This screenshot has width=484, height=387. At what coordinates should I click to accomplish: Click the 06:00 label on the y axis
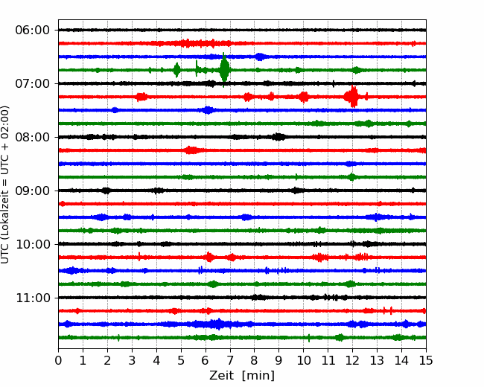point(33,31)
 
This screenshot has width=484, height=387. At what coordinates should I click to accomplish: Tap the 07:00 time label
point(33,83)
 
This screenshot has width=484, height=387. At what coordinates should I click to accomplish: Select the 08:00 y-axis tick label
point(33,138)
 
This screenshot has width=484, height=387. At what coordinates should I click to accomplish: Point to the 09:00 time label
point(33,191)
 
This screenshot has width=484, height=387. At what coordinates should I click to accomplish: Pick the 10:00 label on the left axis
point(33,244)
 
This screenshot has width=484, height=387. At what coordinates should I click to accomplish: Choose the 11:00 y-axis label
point(33,298)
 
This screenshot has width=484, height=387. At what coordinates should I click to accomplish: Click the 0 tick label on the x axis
point(58,360)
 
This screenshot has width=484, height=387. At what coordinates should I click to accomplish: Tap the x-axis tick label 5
point(181,360)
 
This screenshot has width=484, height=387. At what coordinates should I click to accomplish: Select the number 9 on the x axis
point(279,360)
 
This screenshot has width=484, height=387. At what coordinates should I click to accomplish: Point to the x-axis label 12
point(352,360)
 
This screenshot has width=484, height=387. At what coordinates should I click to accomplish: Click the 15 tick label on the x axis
point(426,360)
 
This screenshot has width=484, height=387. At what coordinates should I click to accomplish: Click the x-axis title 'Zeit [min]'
point(242,376)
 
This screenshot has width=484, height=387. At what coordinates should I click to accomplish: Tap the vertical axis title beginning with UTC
point(5,185)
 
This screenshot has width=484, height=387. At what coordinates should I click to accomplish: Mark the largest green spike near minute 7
point(224,70)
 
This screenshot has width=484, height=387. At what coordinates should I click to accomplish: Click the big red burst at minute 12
point(352,97)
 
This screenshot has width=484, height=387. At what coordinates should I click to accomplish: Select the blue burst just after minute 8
point(260,57)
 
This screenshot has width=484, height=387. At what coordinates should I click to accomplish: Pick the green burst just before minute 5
point(176,70)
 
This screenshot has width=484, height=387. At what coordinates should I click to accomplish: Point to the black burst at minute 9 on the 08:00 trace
point(278,137)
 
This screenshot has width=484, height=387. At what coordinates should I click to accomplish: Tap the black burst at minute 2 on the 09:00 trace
point(106,191)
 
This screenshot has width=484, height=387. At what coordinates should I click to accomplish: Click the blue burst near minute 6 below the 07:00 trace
point(208,110)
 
